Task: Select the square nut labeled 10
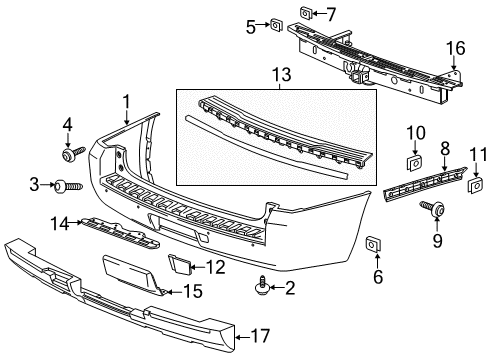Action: (x=412, y=161)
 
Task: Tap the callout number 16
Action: (x=456, y=47)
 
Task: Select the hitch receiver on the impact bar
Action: (x=356, y=69)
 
